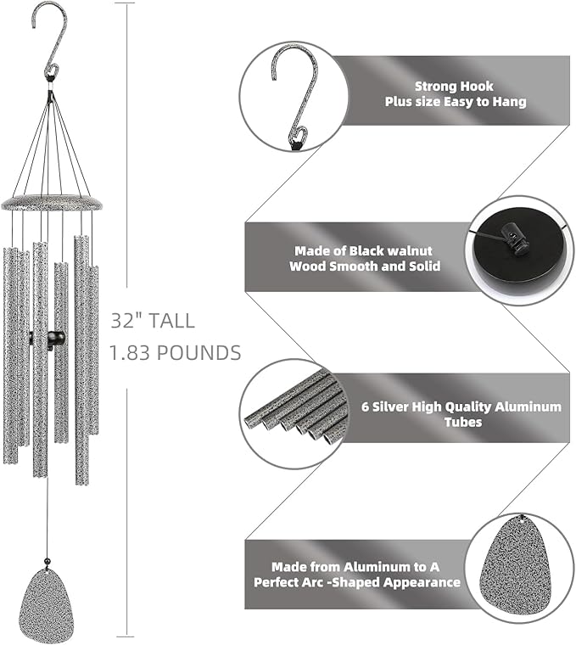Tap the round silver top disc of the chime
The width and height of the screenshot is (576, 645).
52,203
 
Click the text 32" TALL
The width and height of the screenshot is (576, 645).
153,321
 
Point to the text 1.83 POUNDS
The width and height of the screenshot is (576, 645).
176,352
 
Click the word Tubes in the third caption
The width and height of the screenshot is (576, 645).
465,422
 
